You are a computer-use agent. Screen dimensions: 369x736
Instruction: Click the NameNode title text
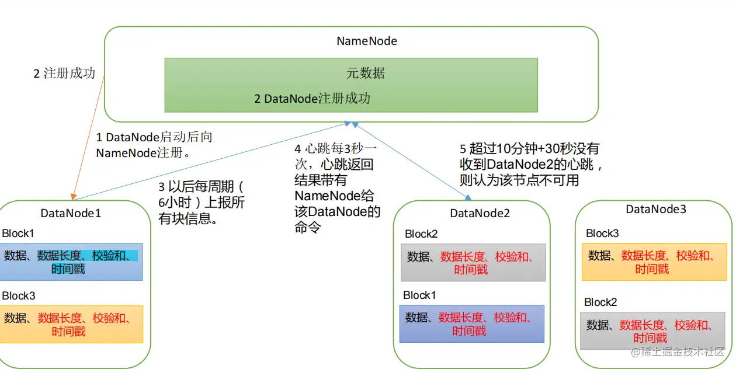(x=367, y=41)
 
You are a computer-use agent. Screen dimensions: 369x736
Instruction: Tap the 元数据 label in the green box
(x=366, y=73)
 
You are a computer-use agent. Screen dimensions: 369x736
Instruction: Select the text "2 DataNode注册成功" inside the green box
(x=313, y=99)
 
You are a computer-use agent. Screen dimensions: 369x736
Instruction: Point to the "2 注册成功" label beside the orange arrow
(x=64, y=74)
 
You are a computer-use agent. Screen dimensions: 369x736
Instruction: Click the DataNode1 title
(x=71, y=213)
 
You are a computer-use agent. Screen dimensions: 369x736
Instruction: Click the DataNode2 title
(x=480, y=213)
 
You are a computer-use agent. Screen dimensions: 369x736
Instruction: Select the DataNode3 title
(x=656, y=209)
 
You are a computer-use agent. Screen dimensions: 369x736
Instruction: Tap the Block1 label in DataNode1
(x=18, y=234)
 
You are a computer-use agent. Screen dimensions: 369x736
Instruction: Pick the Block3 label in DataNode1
(x=19, y=295)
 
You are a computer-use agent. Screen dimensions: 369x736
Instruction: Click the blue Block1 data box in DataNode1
(x=71, y=262)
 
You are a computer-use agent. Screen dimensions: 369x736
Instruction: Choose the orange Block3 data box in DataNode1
(x=71, y=324)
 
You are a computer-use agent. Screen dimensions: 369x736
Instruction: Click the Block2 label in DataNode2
(x=421, y=234)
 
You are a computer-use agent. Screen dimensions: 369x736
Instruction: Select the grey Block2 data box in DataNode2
(x=473, y=262)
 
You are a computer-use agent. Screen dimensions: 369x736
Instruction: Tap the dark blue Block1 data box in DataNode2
(x=472, y=323)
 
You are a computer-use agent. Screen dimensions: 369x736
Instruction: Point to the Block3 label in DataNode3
(x=602, y=233)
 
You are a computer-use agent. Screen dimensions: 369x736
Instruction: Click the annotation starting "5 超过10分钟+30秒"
(x=530, y=165)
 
